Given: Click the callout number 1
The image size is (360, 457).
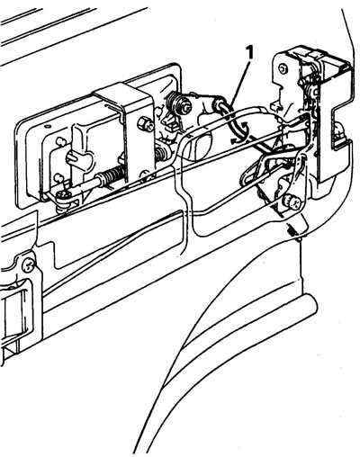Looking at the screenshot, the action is click(249, 53).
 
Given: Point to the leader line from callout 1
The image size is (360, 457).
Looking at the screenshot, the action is click(240, 81).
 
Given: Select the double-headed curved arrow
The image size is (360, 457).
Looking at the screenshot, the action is click(239, 130).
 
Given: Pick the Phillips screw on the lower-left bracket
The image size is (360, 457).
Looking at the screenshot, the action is click(29, 265).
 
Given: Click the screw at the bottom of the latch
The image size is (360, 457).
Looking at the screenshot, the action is click(291, 202).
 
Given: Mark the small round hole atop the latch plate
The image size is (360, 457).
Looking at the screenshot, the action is click(282, 68).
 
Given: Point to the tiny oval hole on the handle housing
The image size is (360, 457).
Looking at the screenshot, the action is click(46, 127).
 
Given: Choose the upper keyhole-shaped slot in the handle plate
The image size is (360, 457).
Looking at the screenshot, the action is click(60, 140).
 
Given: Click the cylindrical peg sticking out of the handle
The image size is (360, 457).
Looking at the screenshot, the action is click(72, 157).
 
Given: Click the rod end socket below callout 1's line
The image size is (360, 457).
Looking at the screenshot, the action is click(218, 104).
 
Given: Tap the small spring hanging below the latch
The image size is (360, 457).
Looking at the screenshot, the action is click(293, 232).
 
